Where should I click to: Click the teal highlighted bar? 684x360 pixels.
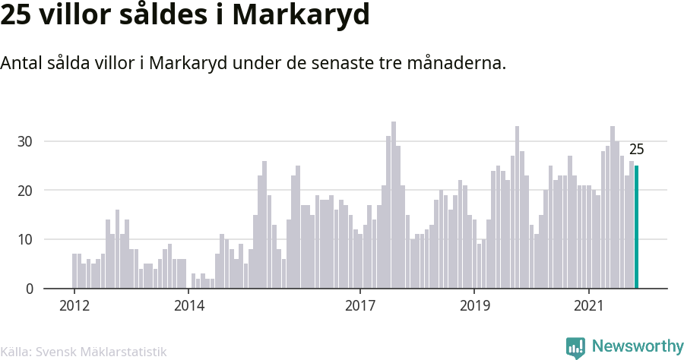637,227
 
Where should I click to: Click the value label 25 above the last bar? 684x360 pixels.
636,150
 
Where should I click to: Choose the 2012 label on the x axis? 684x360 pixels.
74,306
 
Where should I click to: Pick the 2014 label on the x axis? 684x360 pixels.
188,306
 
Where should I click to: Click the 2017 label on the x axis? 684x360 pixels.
360,306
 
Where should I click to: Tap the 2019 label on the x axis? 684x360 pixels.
474,306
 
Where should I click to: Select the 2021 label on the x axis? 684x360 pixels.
589,306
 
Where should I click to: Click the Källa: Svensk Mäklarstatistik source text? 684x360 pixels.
84,352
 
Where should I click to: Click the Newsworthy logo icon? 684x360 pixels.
575,348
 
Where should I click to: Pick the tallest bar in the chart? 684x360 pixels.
394,205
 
